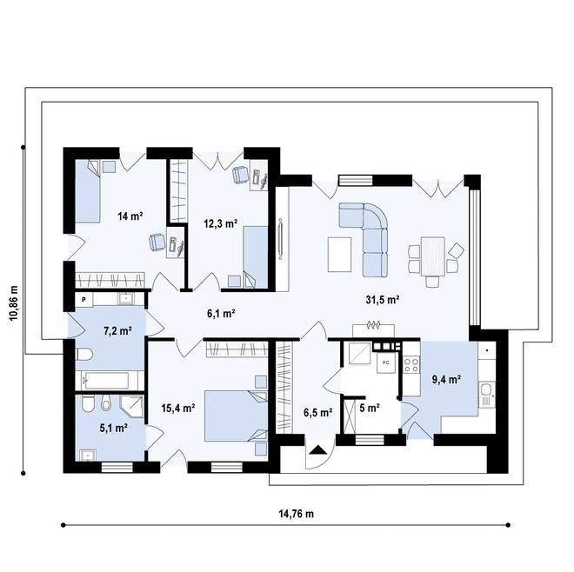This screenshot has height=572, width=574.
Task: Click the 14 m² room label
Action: point(130,216)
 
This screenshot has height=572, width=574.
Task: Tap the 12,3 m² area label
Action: point(221,223)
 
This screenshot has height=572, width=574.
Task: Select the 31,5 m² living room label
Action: point(383,300)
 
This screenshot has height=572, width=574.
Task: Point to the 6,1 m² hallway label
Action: point(221,313)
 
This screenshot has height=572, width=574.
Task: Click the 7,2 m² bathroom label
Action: point(118,331)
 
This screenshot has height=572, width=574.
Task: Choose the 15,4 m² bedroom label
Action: point(178,408)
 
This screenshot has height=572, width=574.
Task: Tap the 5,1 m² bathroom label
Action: point(113,428)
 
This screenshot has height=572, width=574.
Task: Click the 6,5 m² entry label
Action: point(317,413)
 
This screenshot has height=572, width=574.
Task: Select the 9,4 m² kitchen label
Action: point(446,380)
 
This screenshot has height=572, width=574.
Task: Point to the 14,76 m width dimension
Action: point(297,514)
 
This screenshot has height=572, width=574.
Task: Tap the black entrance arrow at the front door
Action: point(317,449)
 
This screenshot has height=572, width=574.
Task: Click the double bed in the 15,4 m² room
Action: point(236,416)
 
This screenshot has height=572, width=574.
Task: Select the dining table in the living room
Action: point(433,256)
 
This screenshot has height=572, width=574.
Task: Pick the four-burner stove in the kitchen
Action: point(411,365)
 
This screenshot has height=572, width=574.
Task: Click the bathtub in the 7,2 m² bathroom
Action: point(106,381)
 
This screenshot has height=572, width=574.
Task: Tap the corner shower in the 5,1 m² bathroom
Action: point(131,406)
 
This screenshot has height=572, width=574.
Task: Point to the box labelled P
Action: point(83,300)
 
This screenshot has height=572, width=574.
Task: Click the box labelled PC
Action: point(386,362)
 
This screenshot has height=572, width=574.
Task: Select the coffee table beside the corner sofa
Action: point(339,255)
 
